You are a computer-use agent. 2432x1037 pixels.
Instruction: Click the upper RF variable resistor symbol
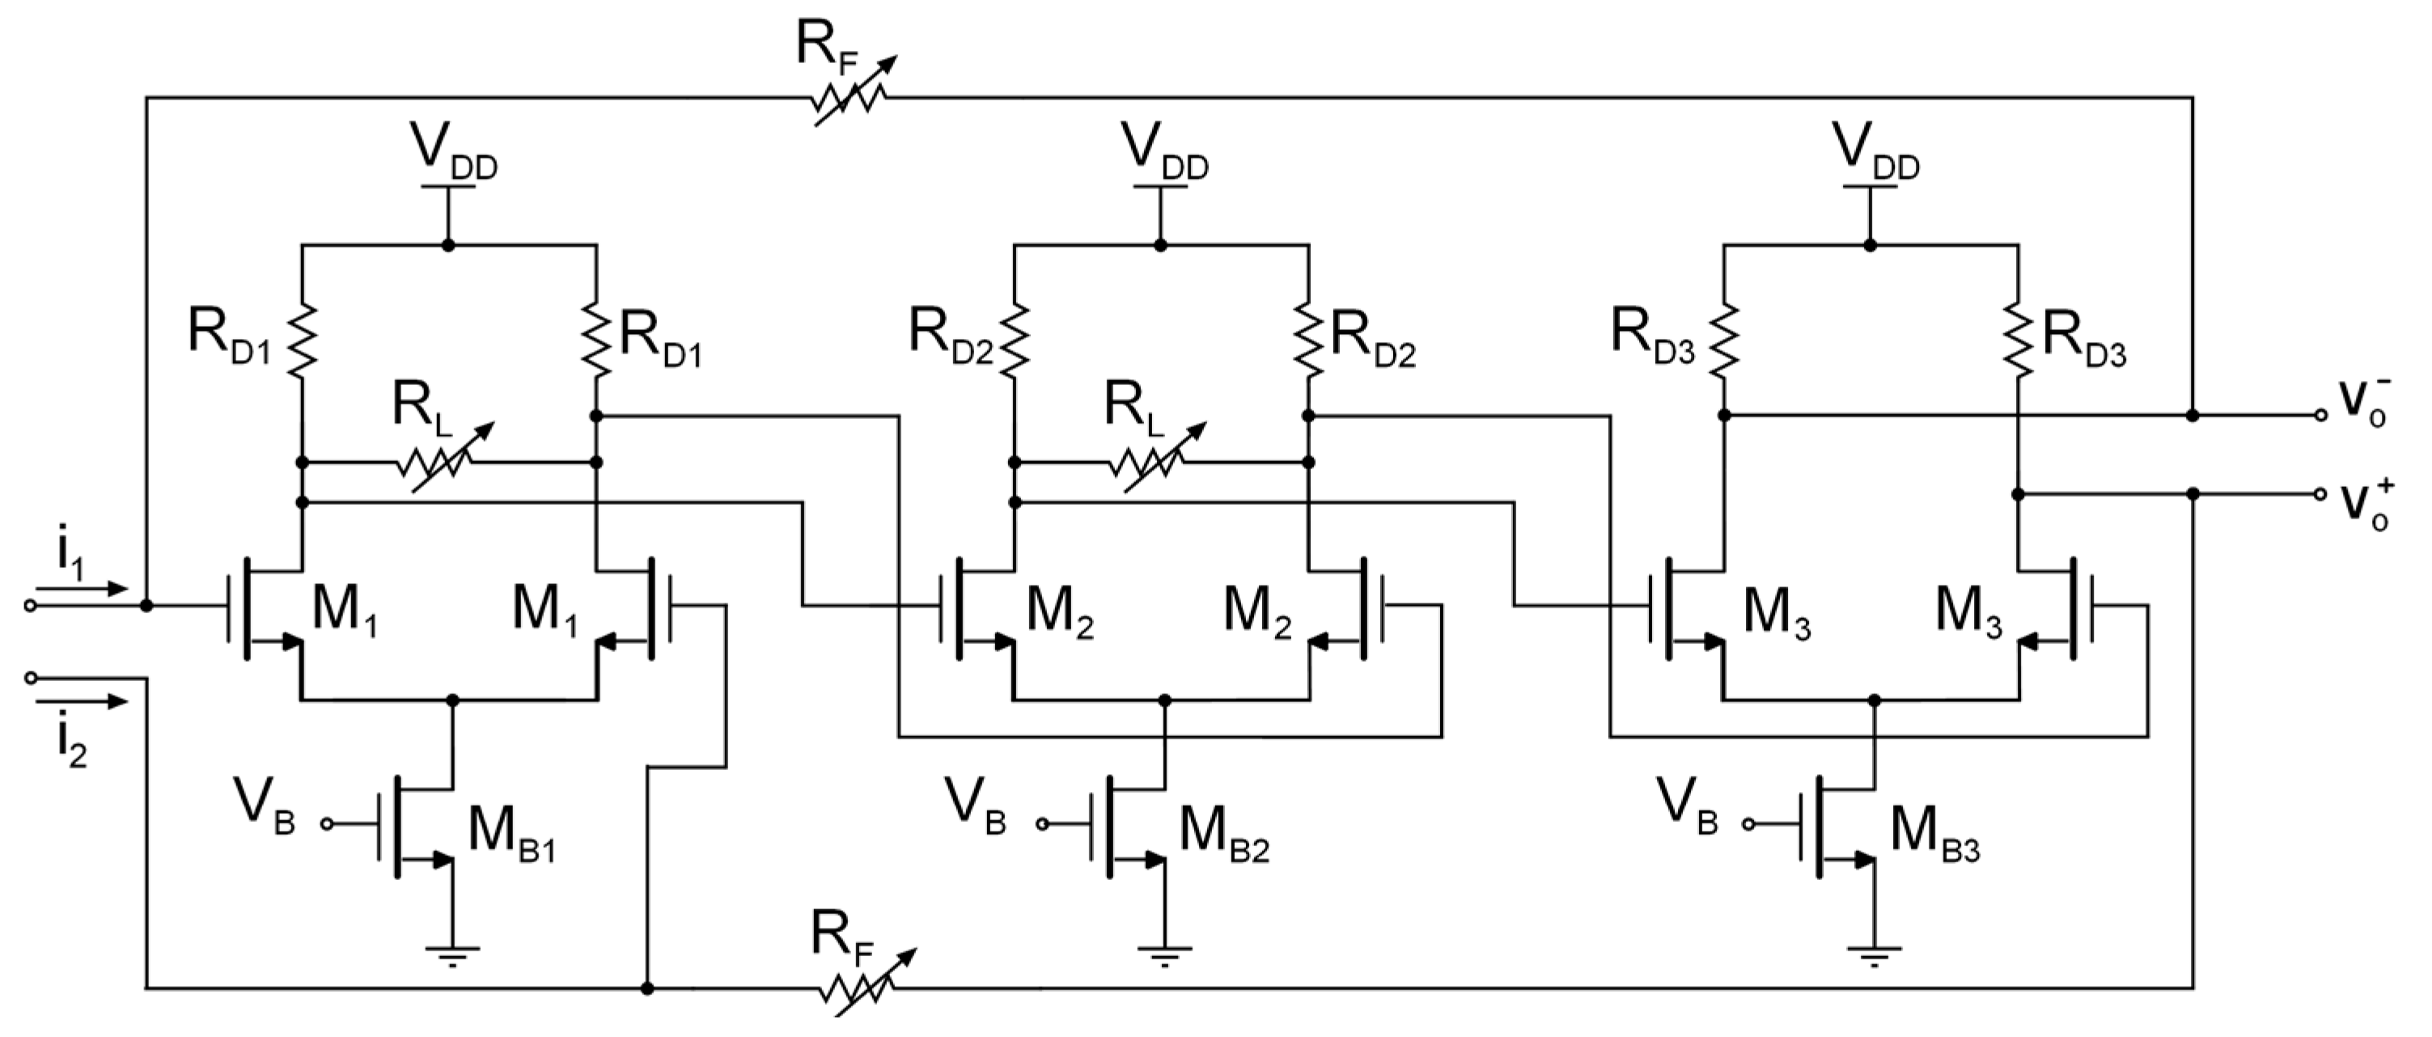click(850, 97)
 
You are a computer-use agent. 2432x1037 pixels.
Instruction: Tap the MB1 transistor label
click(511, 835)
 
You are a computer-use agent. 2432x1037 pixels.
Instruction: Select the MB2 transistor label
click(1223, 835)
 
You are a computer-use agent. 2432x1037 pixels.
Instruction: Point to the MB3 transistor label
click(1934, 835)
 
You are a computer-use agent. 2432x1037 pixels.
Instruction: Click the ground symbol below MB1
click(452, 955)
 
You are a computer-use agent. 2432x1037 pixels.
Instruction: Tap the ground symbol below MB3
click(1874, 955)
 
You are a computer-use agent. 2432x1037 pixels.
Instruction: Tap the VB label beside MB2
click(975, 810)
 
